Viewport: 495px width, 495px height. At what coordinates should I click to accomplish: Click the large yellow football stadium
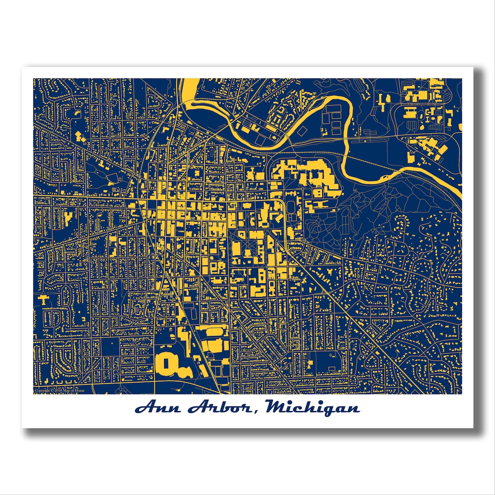point(167,364)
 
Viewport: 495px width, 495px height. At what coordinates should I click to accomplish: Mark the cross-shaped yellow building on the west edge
point(44,299)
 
